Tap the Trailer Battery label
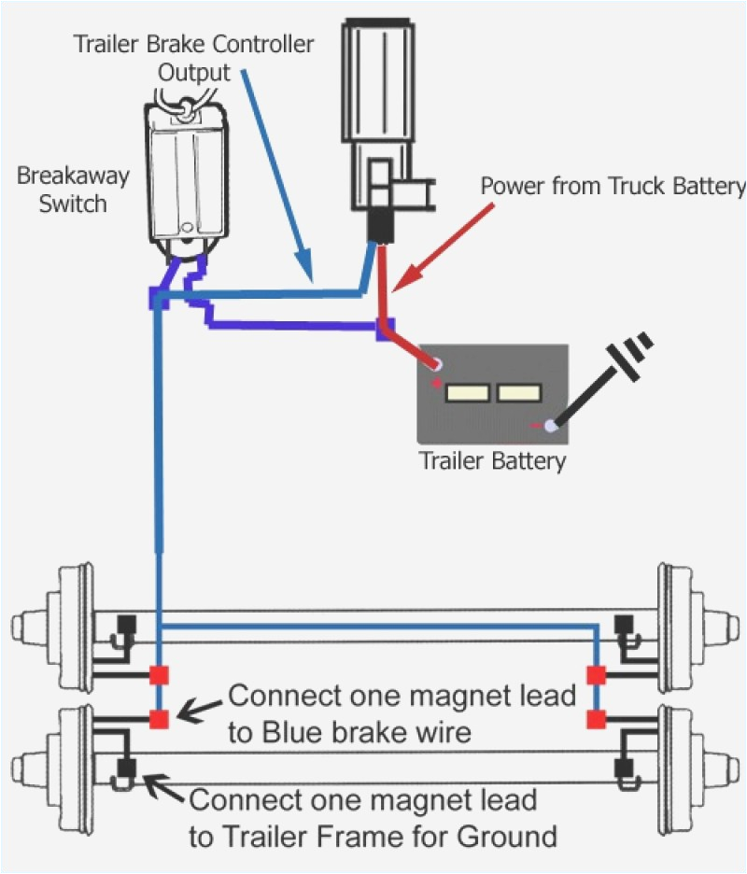tap(492, 459)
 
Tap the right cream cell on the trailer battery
tap(519, 392)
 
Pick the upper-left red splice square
tap(159, 674)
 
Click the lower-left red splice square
tap(159, 719)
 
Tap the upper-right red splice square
tap(594, 674)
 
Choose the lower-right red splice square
tap(594, 719)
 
